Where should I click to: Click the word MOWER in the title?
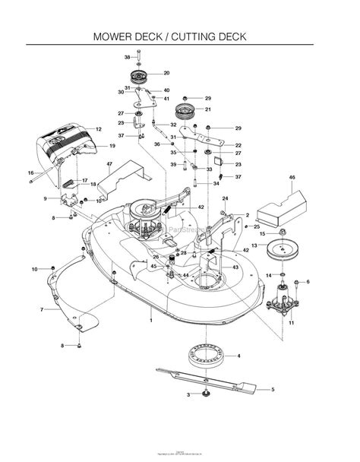[115, 36]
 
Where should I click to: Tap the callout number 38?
[128, 57]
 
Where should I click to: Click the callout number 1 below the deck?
[150, 321]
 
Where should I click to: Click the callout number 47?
[109, 164]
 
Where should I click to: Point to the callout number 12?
[98, 129]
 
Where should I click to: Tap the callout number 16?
[31, 173]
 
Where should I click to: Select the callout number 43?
[235, 268]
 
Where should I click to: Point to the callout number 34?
[216, 183]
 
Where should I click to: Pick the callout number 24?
[225, 199]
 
